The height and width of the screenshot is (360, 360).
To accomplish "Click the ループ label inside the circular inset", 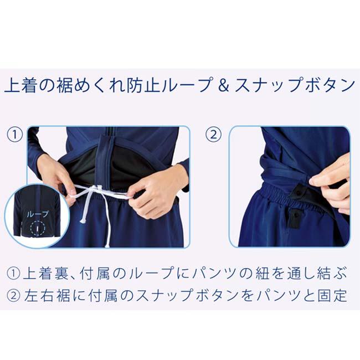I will click(x=38, y=213).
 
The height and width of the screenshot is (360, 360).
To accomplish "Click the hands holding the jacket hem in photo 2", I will click(x=332, y=183).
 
